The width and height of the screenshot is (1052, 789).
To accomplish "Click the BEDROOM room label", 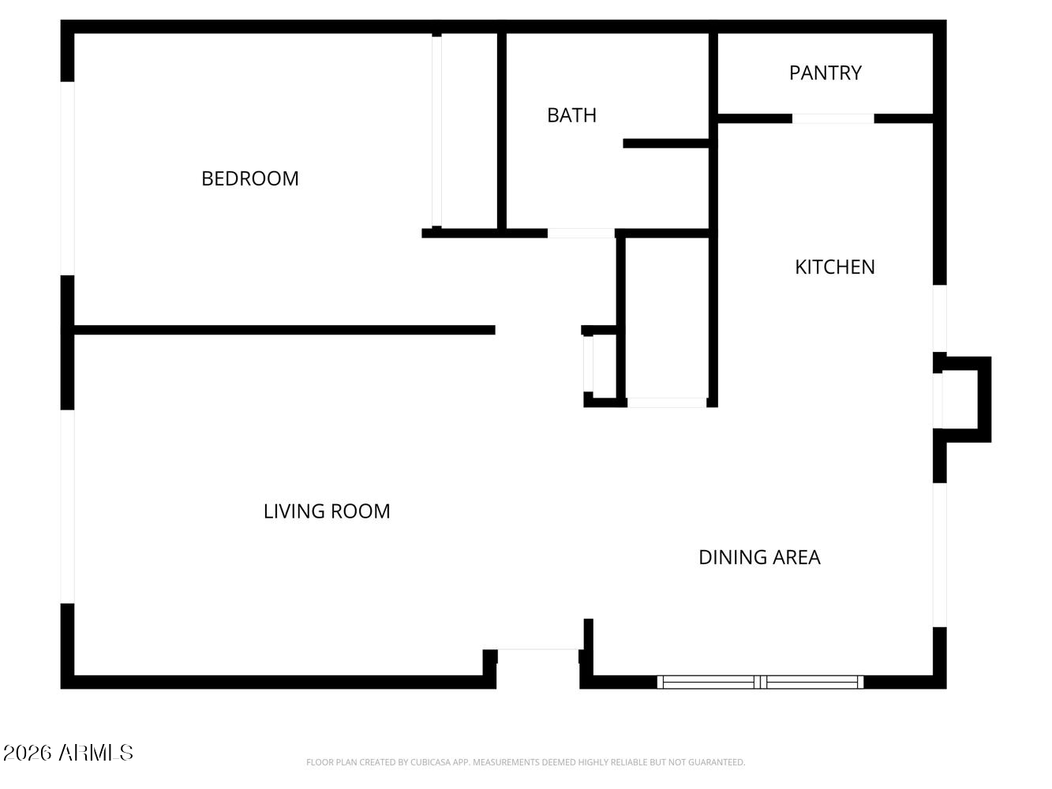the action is [249, 178].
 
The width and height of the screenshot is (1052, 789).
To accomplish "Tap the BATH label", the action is [571, 115].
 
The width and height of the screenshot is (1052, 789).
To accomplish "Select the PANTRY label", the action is [826, 73].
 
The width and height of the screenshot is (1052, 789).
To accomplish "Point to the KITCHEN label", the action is [835, 267].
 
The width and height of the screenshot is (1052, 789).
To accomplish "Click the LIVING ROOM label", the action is [327, 511].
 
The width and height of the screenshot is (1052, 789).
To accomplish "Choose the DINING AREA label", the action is [760, 558].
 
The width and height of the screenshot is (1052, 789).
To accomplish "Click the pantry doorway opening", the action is [833, 119].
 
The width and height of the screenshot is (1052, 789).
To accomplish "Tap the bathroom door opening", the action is [581, 234].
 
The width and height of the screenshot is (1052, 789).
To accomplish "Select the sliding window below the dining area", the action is [760, 682].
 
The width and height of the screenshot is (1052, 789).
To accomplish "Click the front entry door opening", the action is [537, 650].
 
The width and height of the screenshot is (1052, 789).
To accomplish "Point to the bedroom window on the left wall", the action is [68, 178].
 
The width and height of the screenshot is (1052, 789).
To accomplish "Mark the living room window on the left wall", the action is [68, 507].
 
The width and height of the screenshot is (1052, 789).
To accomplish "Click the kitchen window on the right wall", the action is [939, 319].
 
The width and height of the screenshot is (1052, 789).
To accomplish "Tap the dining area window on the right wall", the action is [939, 555].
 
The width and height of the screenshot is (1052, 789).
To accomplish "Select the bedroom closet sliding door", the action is [436, 131].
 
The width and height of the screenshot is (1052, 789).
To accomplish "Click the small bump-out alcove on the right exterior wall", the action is [964, 399].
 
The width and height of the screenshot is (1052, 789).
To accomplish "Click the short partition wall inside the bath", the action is [666, 144].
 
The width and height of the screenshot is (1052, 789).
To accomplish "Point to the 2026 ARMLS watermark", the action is [68, 753].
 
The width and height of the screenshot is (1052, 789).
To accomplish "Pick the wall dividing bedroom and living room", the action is [285, 330].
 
